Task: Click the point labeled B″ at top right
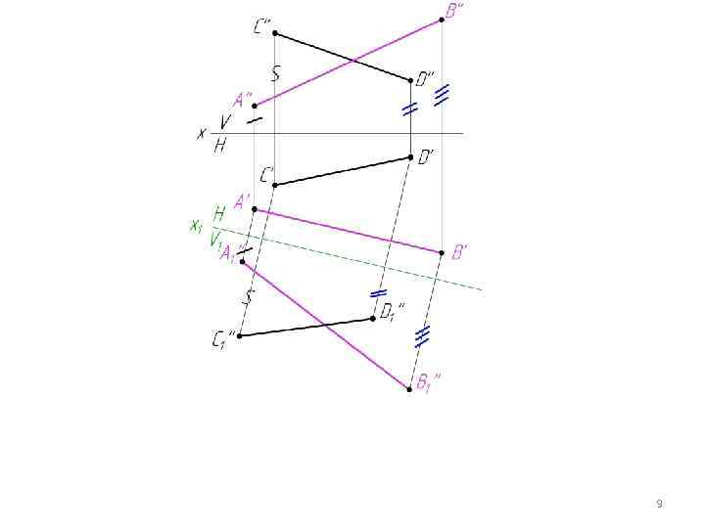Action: coord(442,19)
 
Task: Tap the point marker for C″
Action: coord(274,33)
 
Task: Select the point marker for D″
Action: coord(410,80)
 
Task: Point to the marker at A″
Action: coord(255,105)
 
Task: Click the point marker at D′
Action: coord(410,156)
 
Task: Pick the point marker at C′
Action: coord(274,185)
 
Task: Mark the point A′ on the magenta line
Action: coord(255,209)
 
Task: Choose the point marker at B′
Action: coord(442,252)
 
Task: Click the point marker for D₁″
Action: coord(373,318)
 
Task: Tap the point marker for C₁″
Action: coord(240,336)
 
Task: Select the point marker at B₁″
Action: coord(409,389)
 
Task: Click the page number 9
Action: coord(659,504)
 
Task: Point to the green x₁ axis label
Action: coord(196,226)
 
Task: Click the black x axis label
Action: coord(202,133)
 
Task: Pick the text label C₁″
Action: coord(222,341)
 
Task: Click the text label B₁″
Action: coord(428,384)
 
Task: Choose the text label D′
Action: coord(428,157)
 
